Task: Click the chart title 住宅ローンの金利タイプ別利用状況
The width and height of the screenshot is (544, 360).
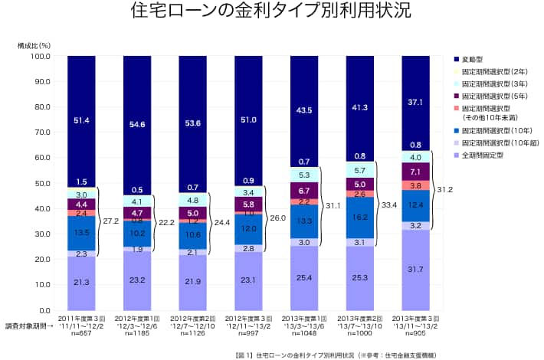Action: click(x=271, y=13)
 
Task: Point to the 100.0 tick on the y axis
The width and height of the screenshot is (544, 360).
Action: click(x=39, y=56)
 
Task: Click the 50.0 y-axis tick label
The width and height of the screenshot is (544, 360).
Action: click(x=41, y=183)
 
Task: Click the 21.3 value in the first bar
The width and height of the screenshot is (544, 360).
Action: click(x=81, y=282)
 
